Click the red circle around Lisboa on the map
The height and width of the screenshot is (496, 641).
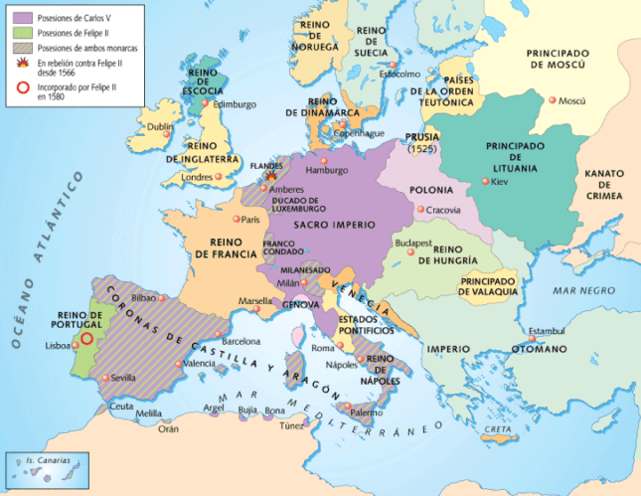click(86, 337)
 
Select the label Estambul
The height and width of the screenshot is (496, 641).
click(545, 330)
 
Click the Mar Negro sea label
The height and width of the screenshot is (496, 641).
click(578, 291)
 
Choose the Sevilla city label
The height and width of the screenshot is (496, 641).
click(123, 378)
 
